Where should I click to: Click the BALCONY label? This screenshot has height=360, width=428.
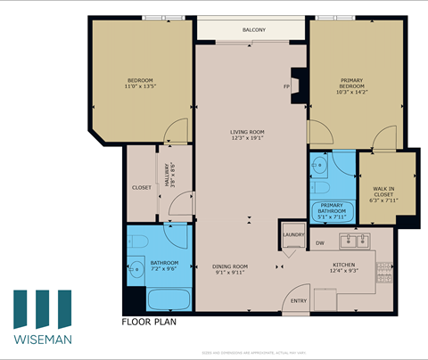253,30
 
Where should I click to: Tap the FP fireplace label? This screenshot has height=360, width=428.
286,86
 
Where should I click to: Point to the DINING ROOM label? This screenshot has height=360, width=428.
229,269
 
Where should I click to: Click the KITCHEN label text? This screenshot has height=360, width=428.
344,268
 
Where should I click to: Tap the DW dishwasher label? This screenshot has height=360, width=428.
319,242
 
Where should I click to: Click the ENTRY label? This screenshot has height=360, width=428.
299,300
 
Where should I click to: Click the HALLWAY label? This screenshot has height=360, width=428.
167,177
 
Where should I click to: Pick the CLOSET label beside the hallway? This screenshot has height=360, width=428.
141,187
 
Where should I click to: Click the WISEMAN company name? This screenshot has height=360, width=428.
43,339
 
